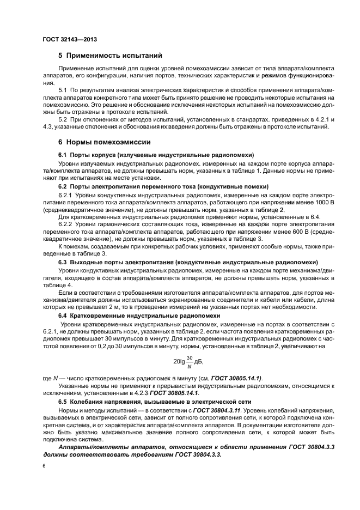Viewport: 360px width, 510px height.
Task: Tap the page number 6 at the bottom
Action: tap(44, 466)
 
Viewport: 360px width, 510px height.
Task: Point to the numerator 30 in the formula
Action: tap(190, 357)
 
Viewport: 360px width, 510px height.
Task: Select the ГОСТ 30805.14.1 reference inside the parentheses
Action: tap(236, 378)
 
